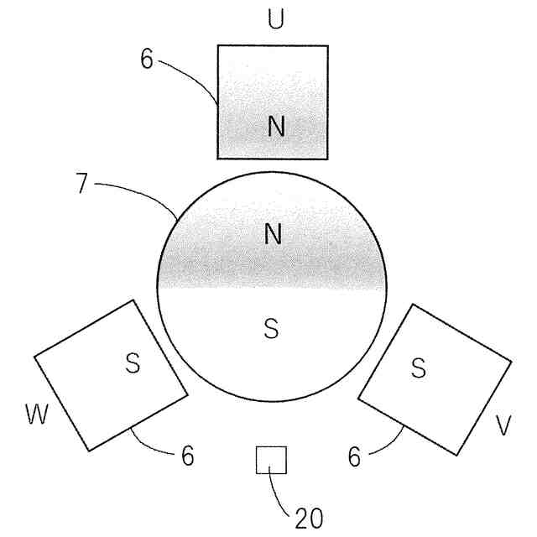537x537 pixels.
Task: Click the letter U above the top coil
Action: (274, 19)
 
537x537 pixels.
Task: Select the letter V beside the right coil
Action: (503, 426)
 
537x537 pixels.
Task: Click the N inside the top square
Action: (276, 127)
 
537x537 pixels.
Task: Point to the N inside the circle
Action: (272, 234)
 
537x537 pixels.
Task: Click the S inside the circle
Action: (270, 328)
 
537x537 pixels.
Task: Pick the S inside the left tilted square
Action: (133, 362)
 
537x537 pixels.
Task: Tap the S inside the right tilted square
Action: (419, 367)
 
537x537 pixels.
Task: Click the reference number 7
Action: (81, 185)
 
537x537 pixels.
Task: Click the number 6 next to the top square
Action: (147, 62)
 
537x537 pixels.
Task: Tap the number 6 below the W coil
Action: (187, 456)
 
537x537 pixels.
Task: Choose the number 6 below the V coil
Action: (354, 456)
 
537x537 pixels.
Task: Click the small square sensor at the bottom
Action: (271, 460)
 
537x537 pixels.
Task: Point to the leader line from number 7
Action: (138, 190)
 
